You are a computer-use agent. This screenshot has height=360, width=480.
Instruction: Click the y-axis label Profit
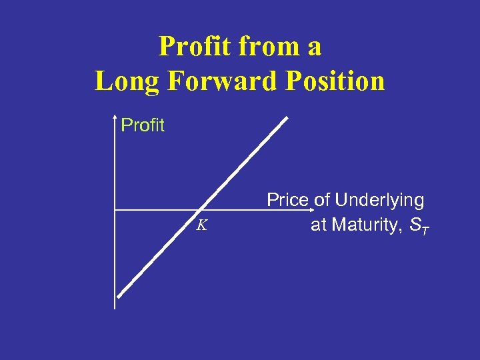[143, 125]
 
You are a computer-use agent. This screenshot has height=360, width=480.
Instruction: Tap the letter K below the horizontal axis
[201, 225]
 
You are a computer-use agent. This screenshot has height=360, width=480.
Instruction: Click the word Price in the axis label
[287, 200]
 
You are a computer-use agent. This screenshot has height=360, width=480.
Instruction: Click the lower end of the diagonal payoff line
[119, 297]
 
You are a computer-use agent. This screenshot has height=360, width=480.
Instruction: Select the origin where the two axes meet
[115, 210]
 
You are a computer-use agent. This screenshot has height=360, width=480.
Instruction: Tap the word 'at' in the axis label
[319, 225]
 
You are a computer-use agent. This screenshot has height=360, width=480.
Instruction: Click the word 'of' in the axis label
[322, 200]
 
